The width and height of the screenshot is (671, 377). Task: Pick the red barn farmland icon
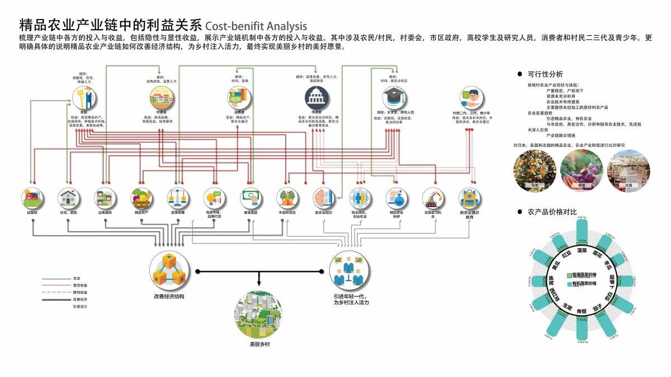tap(32, 198)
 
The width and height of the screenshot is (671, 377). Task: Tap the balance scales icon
tap(178, 198)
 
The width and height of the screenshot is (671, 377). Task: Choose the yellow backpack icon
tap(470, 198)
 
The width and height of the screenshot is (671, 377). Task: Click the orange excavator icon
tap(433, 198)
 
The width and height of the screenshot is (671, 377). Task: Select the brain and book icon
tap(324, 198)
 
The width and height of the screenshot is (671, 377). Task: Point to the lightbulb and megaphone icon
tap(215, 198)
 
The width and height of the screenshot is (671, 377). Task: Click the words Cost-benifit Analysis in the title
tap(256, 26)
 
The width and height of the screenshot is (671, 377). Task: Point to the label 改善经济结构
tap(169, 297)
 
